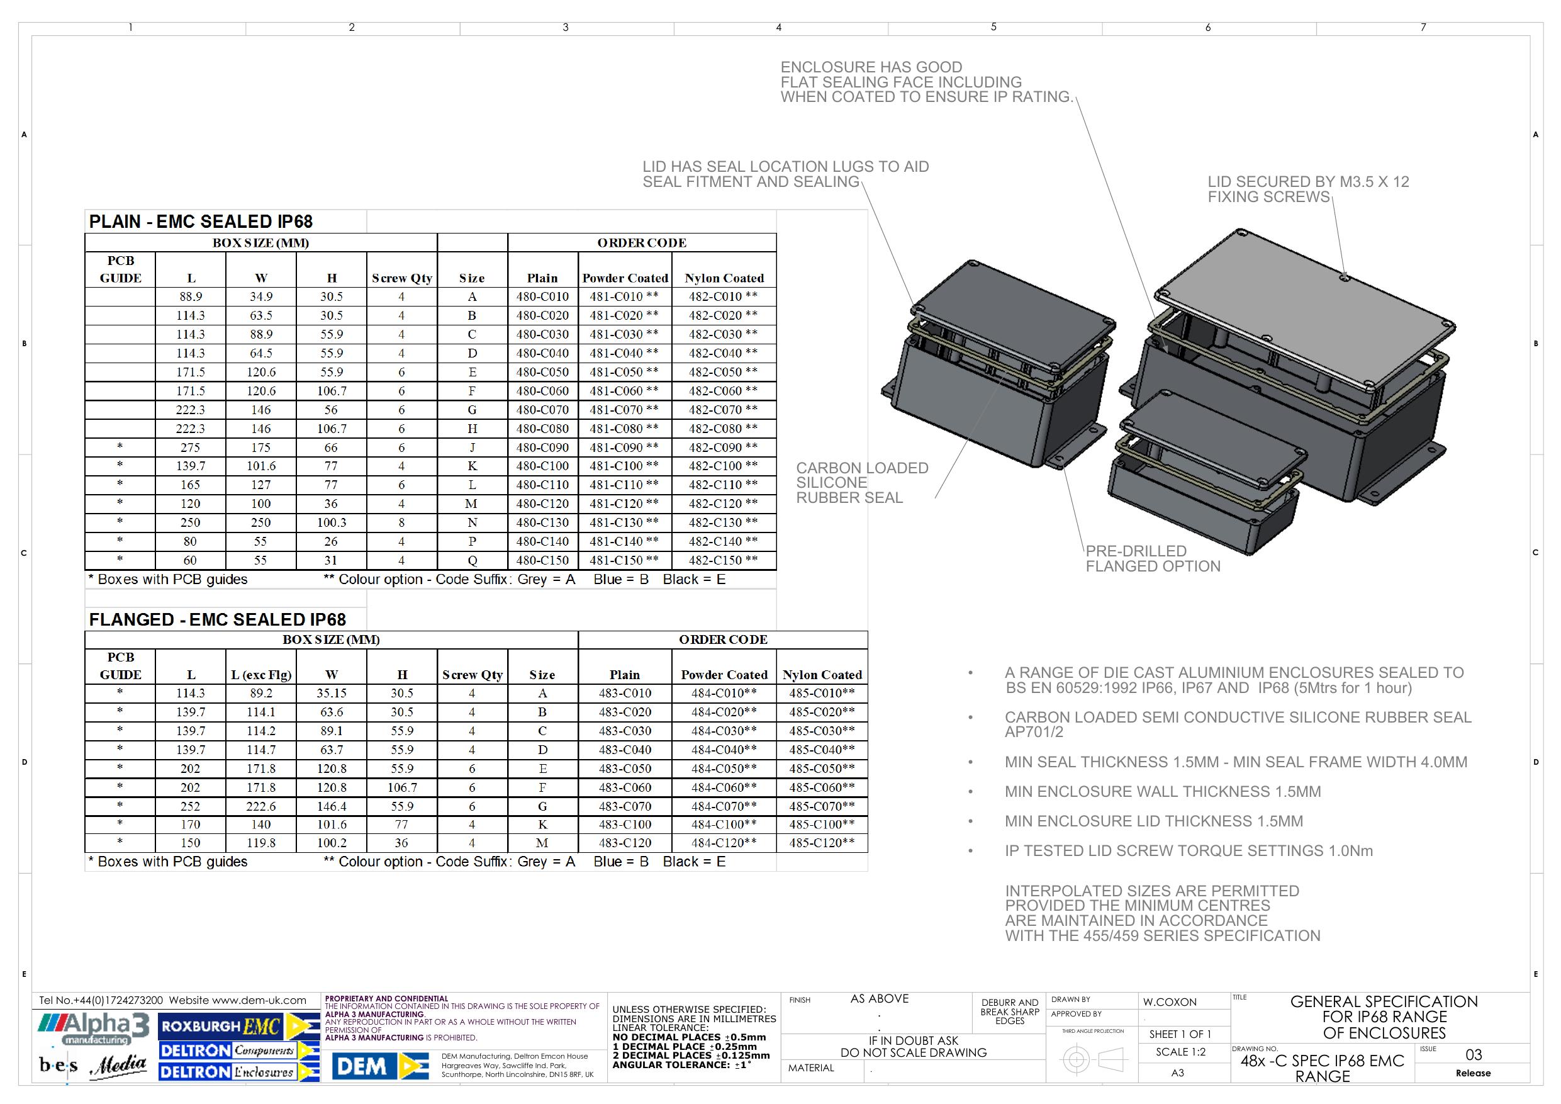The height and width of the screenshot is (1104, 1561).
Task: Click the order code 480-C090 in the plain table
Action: [x=542, y=448]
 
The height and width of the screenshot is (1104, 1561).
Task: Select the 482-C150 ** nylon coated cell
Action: [x=723, y=561]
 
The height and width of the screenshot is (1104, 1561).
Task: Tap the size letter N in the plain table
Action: [x=472, y=523]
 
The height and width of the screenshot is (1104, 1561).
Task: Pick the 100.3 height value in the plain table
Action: [x=331, y=523]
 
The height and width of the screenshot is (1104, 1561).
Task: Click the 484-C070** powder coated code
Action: [x=724, y=806]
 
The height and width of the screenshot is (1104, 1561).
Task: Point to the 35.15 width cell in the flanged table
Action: [x=331, y=693]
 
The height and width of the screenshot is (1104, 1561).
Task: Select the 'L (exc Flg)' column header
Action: [x=261, y=675]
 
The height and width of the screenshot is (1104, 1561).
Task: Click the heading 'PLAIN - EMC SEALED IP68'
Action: [x=201, y=222]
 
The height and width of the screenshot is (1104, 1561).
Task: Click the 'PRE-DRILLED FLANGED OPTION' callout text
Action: [x=1153, y=558]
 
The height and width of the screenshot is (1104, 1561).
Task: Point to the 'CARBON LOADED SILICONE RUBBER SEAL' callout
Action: [x=862, y=483]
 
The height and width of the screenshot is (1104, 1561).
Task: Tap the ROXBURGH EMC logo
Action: [x=238, y=1027]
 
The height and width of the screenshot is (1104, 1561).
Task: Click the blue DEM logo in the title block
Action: [x=381, y=1066]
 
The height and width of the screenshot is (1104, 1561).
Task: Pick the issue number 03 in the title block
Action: [x=1474, y=1055]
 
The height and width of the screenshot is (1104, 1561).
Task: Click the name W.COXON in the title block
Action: [x=1170, y=1002]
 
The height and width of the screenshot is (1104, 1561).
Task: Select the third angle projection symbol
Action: [x=1094, y=1059]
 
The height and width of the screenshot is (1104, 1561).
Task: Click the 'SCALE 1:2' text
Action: [x=1181, y=1052]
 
